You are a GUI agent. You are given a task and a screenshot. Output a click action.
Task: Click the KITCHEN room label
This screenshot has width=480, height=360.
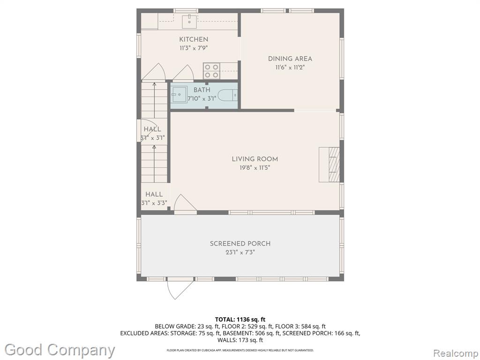[194, 39]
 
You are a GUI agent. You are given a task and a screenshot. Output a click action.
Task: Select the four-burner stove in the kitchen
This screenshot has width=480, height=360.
[212, 71]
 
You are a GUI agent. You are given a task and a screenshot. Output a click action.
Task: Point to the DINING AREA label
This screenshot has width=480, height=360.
[290, 59]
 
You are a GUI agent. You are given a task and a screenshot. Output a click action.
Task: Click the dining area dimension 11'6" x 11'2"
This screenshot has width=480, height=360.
[290, 67]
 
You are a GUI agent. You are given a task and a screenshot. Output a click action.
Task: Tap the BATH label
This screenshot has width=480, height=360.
[202, 90]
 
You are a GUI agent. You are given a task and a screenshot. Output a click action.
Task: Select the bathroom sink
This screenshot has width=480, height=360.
[179, 94]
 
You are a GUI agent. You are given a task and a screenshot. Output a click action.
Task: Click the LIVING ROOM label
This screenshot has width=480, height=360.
[255, 159]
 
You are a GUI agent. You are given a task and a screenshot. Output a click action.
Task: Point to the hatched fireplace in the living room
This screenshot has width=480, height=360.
[329, 165]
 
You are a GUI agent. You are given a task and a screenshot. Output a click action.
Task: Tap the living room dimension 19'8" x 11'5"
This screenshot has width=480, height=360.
[255, 168]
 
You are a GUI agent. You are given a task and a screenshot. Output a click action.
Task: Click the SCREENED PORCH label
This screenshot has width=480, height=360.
[240, 244]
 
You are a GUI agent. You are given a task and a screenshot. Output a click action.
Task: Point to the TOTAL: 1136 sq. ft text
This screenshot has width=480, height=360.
[240, 320]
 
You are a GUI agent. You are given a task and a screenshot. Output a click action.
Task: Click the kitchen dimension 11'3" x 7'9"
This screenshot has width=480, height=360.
[194, 48]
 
